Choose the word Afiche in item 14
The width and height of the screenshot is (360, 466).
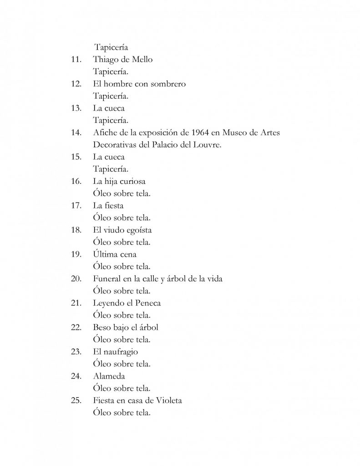tap(105, 133)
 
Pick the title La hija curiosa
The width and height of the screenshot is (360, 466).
tap(119, 182)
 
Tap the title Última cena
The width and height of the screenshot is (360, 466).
tap(115, 254)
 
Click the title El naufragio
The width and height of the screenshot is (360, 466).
tap(116, 352)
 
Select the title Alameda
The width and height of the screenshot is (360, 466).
tap(109, 376)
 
